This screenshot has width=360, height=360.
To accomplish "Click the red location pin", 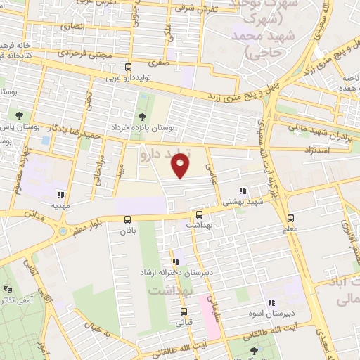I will [181, 166].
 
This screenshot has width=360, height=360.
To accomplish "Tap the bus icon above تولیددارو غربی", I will [127, 67].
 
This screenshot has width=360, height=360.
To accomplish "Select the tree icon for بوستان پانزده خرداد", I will [143, 116].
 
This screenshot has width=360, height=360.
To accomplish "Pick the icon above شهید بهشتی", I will [243, 191].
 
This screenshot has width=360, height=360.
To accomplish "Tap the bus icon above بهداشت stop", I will [199, 214].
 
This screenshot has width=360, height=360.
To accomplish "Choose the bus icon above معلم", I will [291, 218].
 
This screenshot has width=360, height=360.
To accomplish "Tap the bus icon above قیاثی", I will [184, 311].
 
